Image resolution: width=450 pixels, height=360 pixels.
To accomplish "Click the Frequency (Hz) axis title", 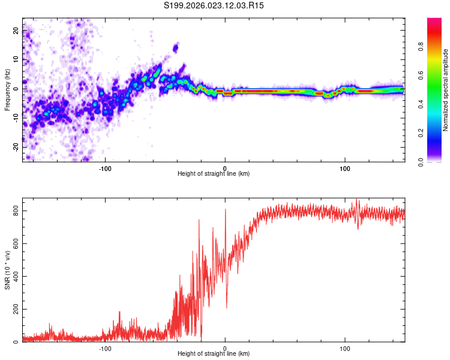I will [x=7, y=90].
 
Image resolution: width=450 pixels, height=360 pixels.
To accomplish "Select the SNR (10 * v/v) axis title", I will [x=7, y=272].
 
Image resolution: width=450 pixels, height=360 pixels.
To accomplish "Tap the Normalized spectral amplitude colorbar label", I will [x=446, y=90].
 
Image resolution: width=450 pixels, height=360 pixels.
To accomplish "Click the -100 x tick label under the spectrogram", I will [x=105, y=168].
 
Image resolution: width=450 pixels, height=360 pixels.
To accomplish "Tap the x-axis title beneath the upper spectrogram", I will [x=214, y=174].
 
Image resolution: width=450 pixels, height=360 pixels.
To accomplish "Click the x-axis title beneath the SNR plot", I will [x=214, y=354].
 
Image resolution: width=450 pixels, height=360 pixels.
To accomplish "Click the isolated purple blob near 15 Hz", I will [x=176, y=47].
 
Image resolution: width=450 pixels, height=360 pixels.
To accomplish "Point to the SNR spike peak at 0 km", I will [x=226, y=209].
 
